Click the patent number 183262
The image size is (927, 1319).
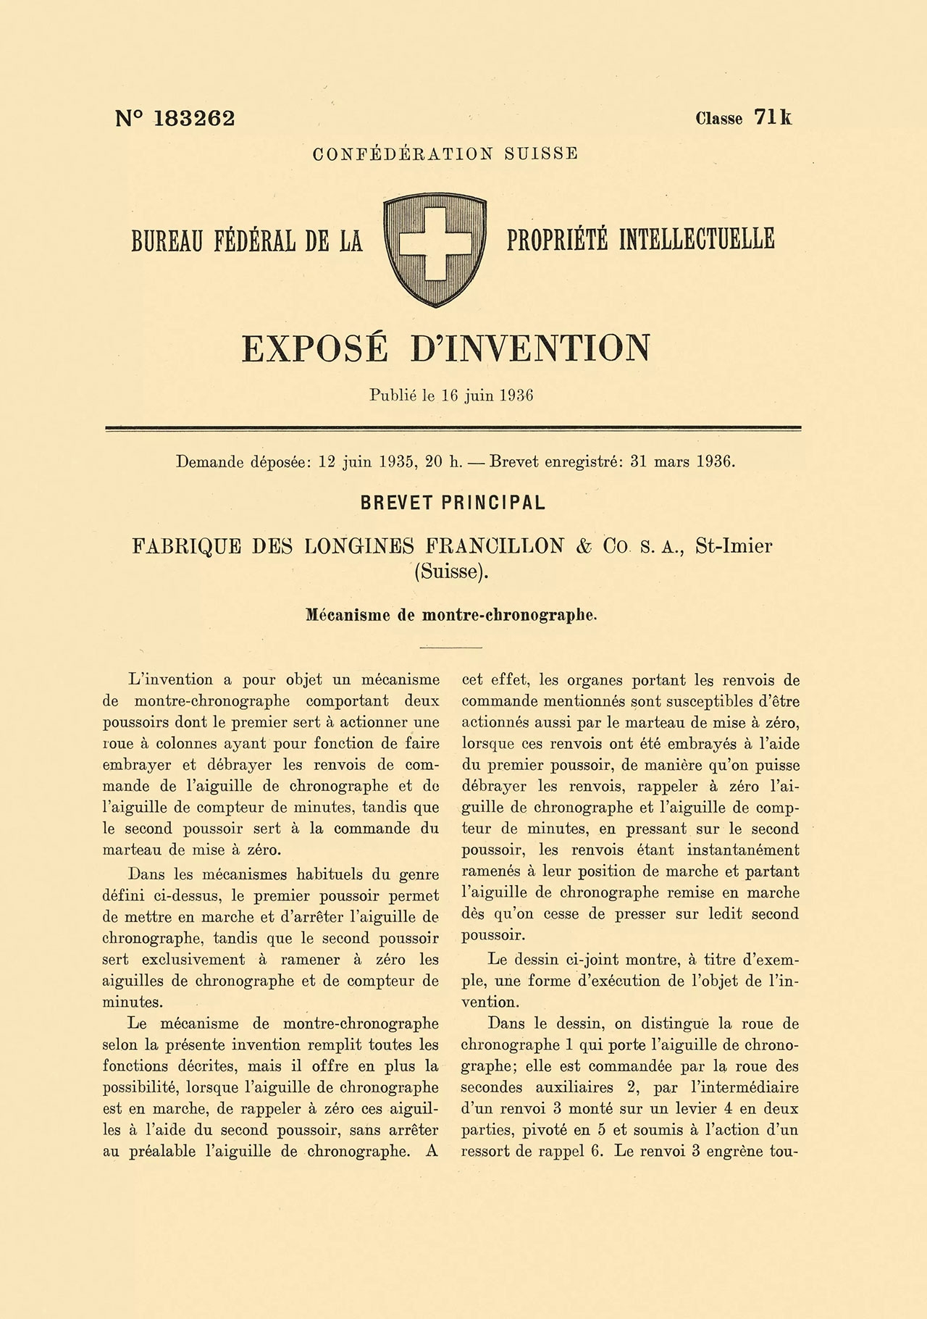coord(194,119)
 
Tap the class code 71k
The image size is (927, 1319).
coord(773,117)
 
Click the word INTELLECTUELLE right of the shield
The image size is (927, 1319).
coord(696,239)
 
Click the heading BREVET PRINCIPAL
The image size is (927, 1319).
coord(453,503)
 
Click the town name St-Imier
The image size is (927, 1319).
coord(733,546)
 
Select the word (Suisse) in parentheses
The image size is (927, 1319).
coord(451,571)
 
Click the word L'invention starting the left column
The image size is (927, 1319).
coord(169,679)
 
